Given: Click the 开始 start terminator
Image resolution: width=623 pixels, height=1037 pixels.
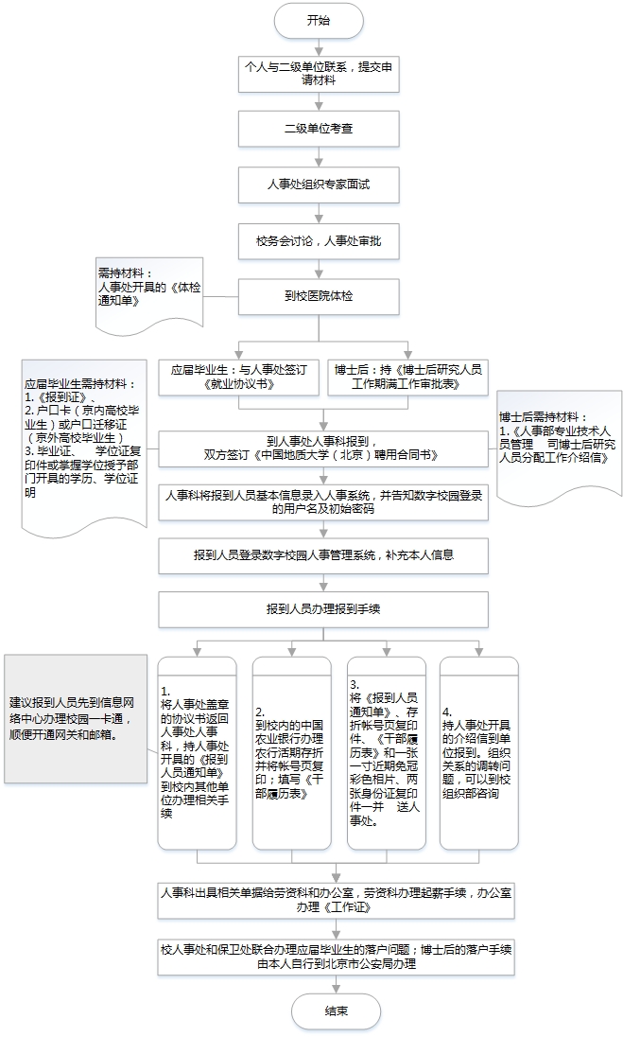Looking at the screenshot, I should (x=320, y=20).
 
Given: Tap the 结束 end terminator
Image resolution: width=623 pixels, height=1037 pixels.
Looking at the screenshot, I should (x=336, y=1011).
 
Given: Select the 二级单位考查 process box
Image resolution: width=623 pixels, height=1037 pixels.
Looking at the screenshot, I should (x=320, y=128).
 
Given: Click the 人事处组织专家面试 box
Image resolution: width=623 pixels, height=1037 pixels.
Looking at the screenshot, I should (x=320, y=184).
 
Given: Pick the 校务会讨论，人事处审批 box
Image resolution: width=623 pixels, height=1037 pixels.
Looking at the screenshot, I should (x=320, y=240).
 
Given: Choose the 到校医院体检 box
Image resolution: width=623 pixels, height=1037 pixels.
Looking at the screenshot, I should (x=320, y=296).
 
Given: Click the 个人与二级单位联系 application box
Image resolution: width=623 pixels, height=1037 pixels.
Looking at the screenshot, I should (x=320, y=73).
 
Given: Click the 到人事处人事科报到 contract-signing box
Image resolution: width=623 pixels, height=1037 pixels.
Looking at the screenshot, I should (x=325, y=448).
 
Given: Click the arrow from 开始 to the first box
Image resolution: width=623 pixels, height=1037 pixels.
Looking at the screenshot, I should (x=320, y=44).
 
